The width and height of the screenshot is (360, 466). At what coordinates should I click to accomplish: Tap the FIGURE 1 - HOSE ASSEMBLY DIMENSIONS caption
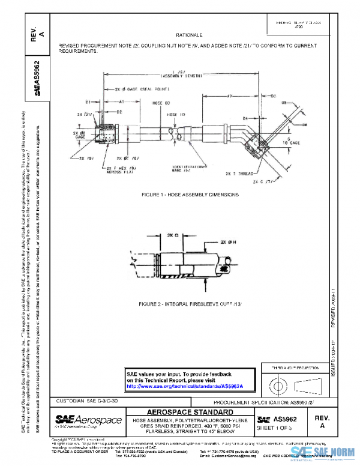click(x=190, y=195)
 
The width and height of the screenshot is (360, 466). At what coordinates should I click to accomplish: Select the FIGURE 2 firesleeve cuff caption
click(x=190, y=304)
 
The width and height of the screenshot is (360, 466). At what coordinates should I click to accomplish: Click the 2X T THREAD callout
click(x=239, y=173)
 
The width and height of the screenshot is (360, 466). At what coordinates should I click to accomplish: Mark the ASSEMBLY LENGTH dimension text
click(x=182, y=77)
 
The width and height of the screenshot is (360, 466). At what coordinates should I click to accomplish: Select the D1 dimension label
click(x=88, y=102)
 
